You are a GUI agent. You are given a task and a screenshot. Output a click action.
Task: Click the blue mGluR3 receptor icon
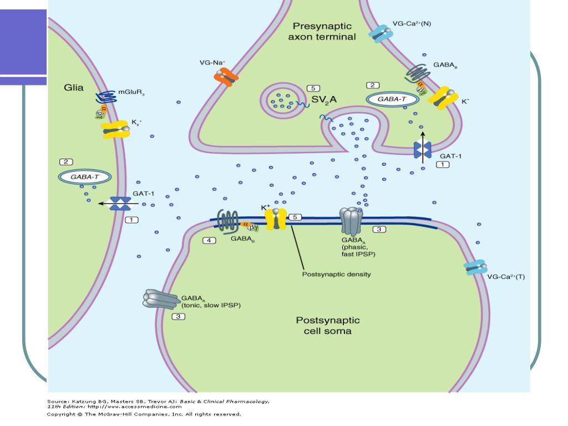(x=105, y=98)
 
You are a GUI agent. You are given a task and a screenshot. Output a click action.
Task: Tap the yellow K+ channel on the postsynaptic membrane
(x=275, y=219)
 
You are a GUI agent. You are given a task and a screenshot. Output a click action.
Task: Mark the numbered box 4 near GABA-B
(x=209, y=240)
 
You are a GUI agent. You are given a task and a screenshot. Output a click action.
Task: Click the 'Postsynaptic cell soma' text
(x=327, y=326)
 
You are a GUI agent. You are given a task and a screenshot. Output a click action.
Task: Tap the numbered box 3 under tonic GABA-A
(x=178, y=317)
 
